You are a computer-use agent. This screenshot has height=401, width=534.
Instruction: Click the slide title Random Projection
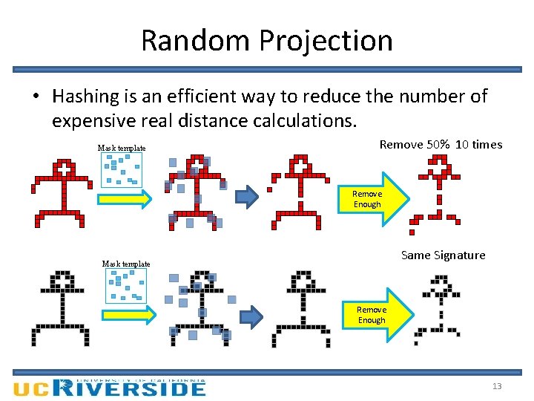(x=267, y=40)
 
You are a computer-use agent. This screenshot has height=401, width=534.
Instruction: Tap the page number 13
(x=497, y=386)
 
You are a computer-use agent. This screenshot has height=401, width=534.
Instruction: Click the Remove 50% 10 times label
(x=441, y=145)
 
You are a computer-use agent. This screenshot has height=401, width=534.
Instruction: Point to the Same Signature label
(x=443, y=255)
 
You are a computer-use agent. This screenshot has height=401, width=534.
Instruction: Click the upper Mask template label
(x=122, y=149)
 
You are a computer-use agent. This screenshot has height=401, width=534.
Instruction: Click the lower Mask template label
(x=126, y=264)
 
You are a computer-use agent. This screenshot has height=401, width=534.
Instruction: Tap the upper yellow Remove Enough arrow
(x=372, y=198)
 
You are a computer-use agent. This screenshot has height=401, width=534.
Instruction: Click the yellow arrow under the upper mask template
(x=125, y=199)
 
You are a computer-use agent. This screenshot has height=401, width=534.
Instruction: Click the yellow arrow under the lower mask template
(x=128, y=315)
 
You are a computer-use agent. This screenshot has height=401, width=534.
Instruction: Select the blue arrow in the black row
(x=252, y=317)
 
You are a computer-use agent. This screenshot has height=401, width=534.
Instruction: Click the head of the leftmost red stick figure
(x=65, y=169)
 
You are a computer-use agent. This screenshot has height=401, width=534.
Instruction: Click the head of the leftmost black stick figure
(x=62, y=281)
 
